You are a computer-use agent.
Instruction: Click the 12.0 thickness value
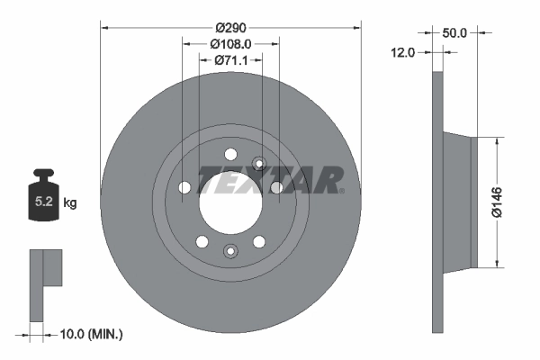click(402, 52)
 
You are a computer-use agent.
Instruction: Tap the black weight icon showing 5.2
click(43, 201)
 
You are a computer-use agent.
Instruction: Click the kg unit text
click(70, 203)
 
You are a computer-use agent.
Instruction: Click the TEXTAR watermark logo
click(270, 180)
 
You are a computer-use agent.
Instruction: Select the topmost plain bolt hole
click(229, 152)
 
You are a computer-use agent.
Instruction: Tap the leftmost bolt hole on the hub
click(184, 187)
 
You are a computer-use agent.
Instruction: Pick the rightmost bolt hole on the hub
click(276, 187)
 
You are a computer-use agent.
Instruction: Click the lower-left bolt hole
click(202, 241)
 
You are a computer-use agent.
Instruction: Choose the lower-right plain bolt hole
click(259, 241)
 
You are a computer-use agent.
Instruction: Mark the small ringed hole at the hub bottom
click(230, 251)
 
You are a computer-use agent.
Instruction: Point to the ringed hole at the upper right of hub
click(259, 164)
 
